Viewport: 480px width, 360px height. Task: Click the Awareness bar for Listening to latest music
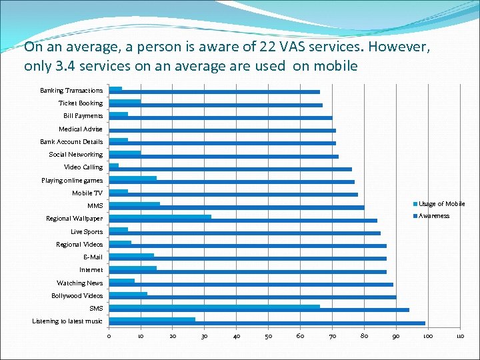267,323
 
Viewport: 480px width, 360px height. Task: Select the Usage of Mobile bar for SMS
214,307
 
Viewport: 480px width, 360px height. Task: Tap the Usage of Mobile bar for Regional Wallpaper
160,217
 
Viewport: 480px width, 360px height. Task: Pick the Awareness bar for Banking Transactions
214,92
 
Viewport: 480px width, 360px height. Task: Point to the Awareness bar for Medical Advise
222,131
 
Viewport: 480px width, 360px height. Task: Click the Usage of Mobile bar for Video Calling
113,165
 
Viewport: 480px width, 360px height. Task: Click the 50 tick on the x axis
268,336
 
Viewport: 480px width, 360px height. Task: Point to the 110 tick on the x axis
459,336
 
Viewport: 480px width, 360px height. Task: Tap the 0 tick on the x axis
109,336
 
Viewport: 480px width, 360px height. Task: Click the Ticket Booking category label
81,103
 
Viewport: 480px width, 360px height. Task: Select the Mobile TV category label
87,193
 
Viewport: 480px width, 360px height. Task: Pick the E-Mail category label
93,257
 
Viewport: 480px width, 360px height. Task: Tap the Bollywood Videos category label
77,295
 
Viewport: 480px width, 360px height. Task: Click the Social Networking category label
76,155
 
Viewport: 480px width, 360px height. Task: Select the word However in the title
397,49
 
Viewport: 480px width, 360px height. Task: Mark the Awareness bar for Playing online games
231,182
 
